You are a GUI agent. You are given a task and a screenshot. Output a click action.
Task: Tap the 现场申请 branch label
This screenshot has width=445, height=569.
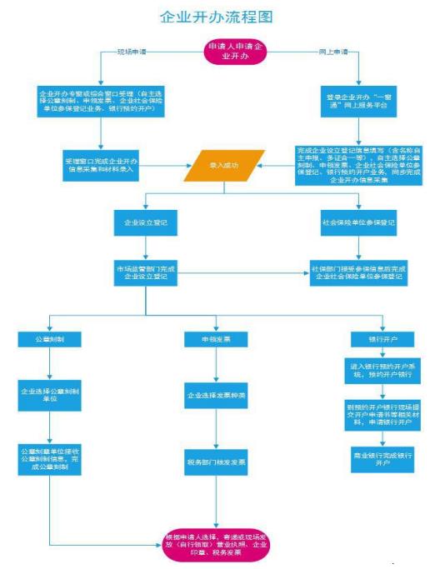coord(133,52)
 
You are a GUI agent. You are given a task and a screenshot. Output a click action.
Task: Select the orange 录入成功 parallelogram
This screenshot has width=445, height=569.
coord(224,165)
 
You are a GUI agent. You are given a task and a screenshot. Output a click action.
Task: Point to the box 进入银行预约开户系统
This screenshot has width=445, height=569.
coord(382,370)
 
